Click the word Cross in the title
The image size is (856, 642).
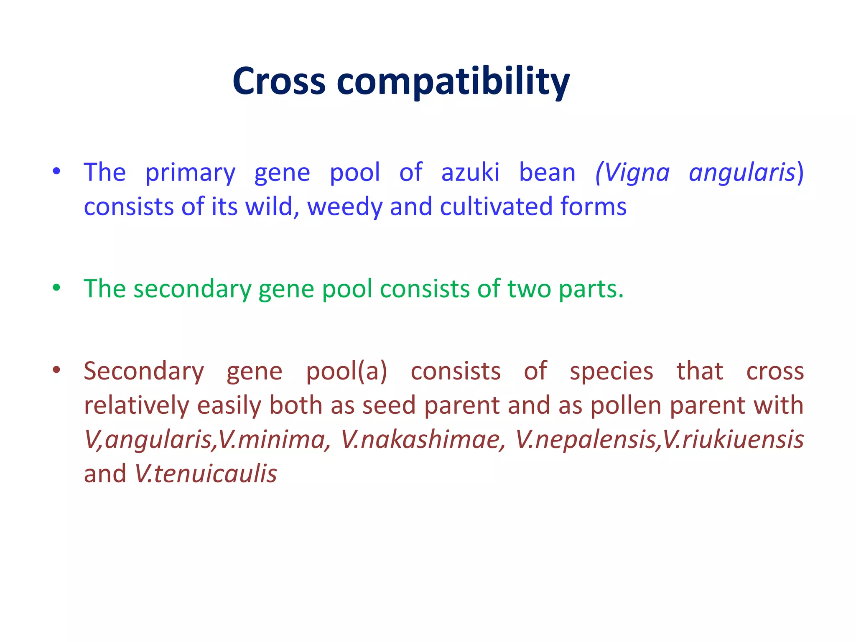click(x=279, y=82)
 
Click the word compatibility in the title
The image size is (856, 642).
click(x=453, y=82)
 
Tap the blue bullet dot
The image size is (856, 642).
click(x=57, y=171)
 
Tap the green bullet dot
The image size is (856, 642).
click(x=57, y=288)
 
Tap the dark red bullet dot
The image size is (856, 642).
click(x=57, y=369)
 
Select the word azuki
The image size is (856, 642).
click(x=470, y=172)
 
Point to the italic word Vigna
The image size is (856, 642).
click(x=633, y=172)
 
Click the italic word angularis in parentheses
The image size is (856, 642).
click(x=742, y=172)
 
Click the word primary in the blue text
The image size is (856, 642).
click(x=190, y=173)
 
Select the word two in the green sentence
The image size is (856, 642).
click(x=529, y=289)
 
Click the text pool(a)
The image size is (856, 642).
click(x=346, y=372)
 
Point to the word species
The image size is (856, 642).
click(x=611, y=372)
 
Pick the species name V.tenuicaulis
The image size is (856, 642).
click(x=206, y=474)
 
